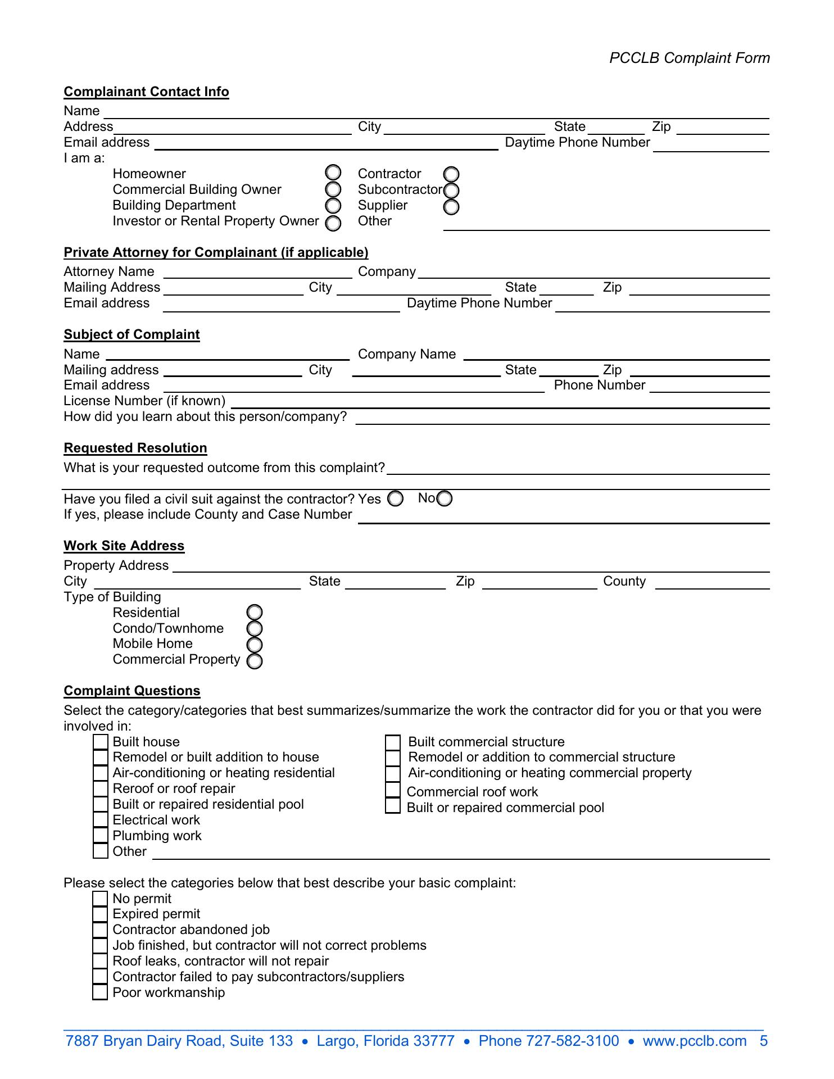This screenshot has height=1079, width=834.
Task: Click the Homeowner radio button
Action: point(333,173)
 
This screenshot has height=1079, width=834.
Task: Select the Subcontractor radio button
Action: point(451,191)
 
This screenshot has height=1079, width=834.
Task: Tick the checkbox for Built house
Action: point(101,742)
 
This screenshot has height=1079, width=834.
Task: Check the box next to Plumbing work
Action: point(101,836)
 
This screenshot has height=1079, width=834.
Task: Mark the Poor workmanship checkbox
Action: point(101,992)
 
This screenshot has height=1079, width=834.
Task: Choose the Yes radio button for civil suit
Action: point(396,498)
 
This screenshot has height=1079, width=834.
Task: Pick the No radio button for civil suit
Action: point(445,498)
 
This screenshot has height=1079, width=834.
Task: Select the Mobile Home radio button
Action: point(255,644)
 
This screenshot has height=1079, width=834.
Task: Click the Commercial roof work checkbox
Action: point(393,790)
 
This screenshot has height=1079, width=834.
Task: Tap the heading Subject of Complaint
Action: point(132,334)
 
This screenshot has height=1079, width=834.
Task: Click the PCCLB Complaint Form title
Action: point(690,58)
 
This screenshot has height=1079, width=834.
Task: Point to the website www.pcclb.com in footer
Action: point(695,1041)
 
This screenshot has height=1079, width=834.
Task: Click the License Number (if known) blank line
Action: point(500,402)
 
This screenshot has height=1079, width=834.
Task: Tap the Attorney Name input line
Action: point(257,273)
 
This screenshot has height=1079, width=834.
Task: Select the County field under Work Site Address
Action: point(712,583)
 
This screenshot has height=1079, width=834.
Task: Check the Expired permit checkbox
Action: point(101,914)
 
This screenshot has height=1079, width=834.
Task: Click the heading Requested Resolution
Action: point(135,448)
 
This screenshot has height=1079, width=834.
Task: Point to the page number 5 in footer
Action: point(764,1041)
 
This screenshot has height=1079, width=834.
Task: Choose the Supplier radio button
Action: point(451,207)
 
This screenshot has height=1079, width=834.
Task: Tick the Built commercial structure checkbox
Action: point(393,743)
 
